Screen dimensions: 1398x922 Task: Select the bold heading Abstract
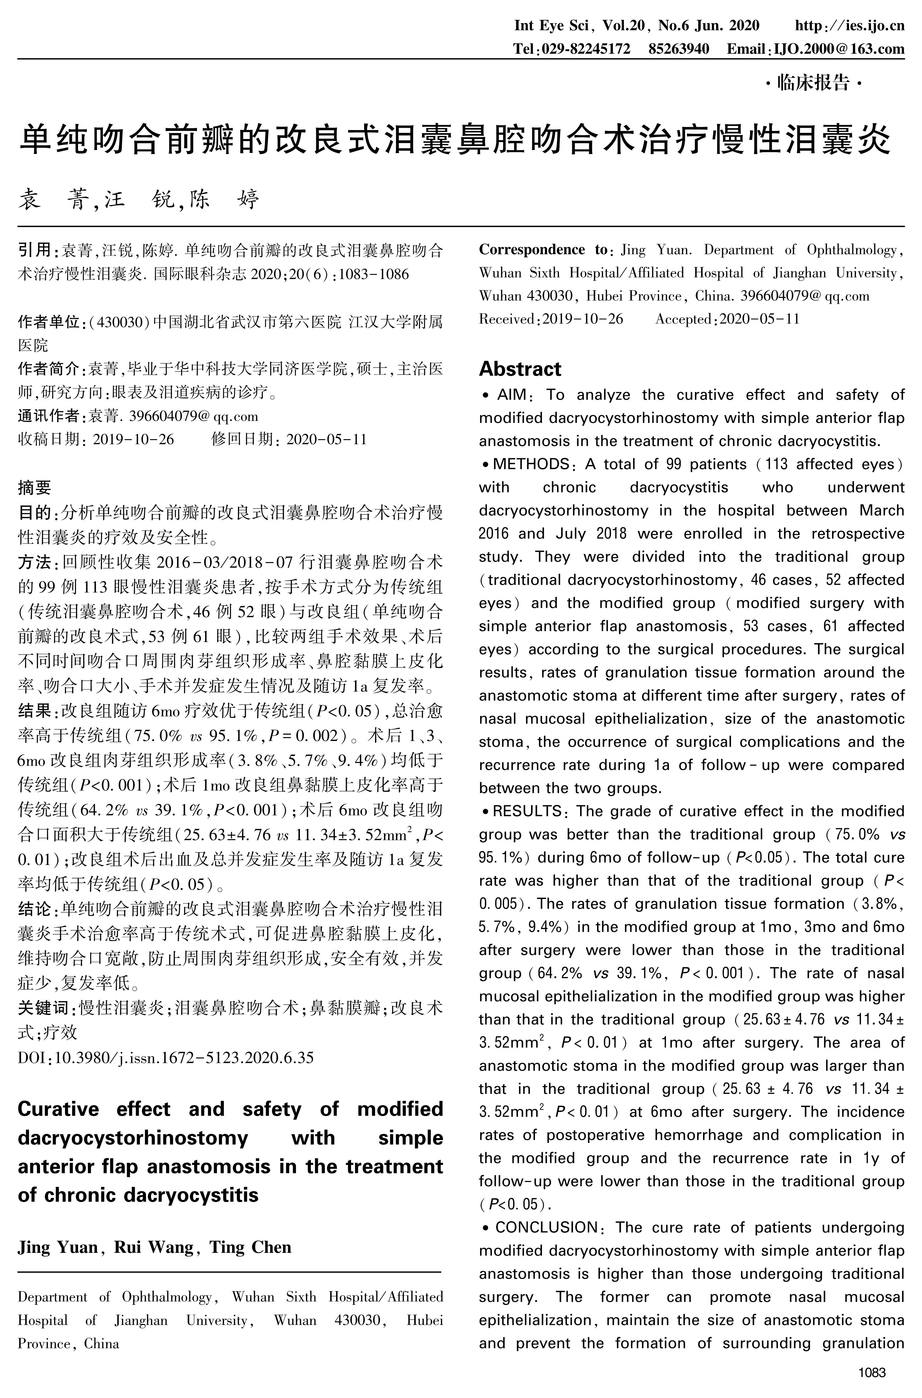pyautogui.click(x=520, y=369)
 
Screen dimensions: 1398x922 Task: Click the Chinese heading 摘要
pyautogui.click(x=34, y=488)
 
